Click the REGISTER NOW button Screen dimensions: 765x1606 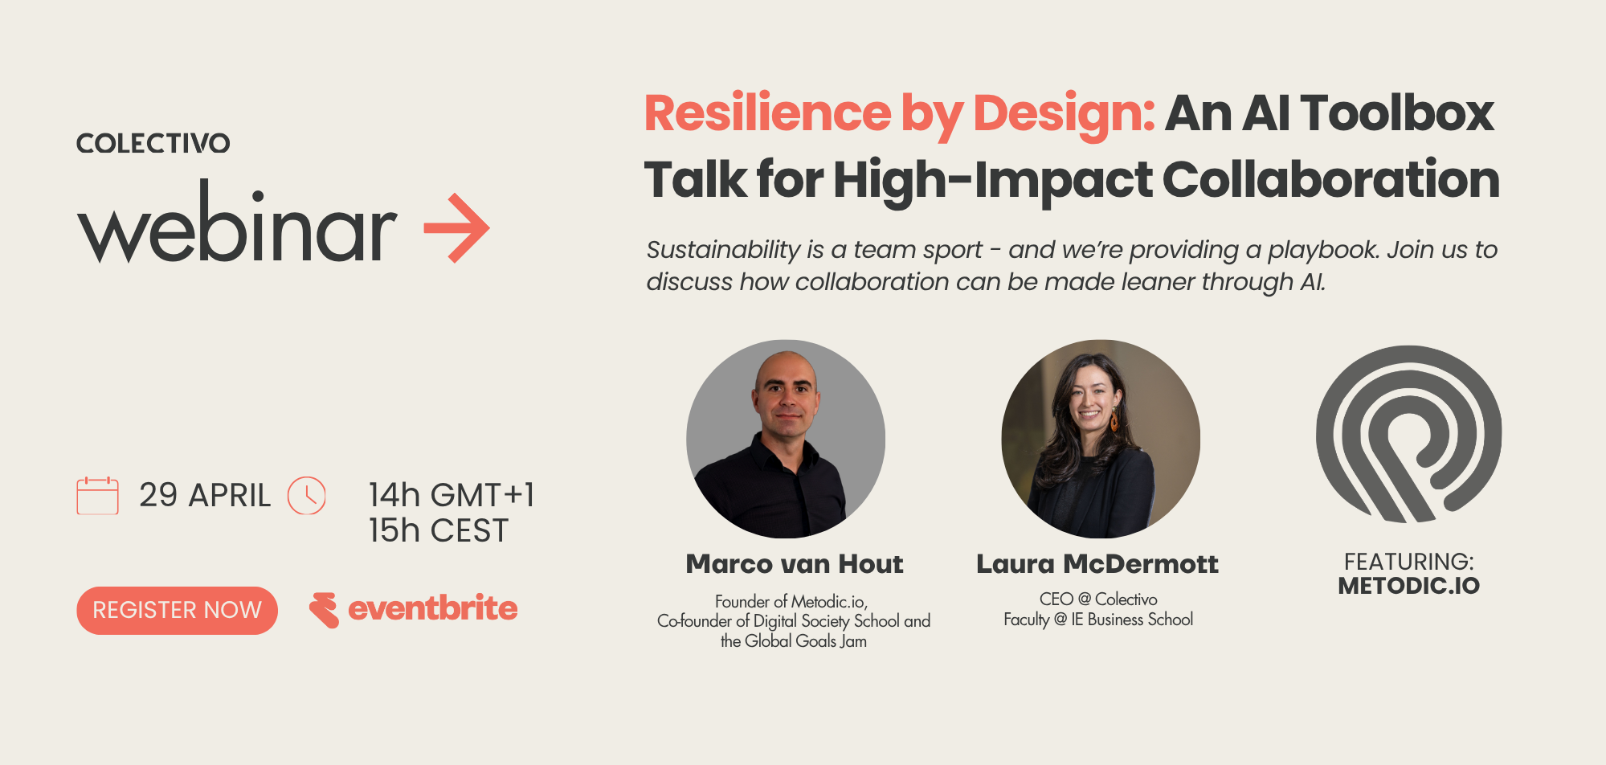(177, 611)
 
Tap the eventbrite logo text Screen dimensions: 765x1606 (432, 608)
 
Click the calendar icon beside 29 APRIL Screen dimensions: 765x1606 (97, 496)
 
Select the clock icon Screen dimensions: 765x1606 (307, 496)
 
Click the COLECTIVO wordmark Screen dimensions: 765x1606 (153, 144)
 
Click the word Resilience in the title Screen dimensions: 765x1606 (767, 113)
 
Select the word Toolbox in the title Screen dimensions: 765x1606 (1397, 113)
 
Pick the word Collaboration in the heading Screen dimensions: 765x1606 (1330, 179)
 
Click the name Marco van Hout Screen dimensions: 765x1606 (795, 564)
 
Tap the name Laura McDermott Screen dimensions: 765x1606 (1097, 564)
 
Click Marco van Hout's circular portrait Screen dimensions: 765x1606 (786, 439)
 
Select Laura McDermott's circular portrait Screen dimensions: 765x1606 (1101, 439)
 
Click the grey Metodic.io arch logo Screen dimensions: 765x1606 (1408, 434)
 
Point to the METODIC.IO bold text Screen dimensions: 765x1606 (1408, 586)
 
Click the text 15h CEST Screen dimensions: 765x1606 (439, 531)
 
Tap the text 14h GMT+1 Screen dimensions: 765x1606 (452, 495)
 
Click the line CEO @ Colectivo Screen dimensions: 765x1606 (1098, 599)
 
